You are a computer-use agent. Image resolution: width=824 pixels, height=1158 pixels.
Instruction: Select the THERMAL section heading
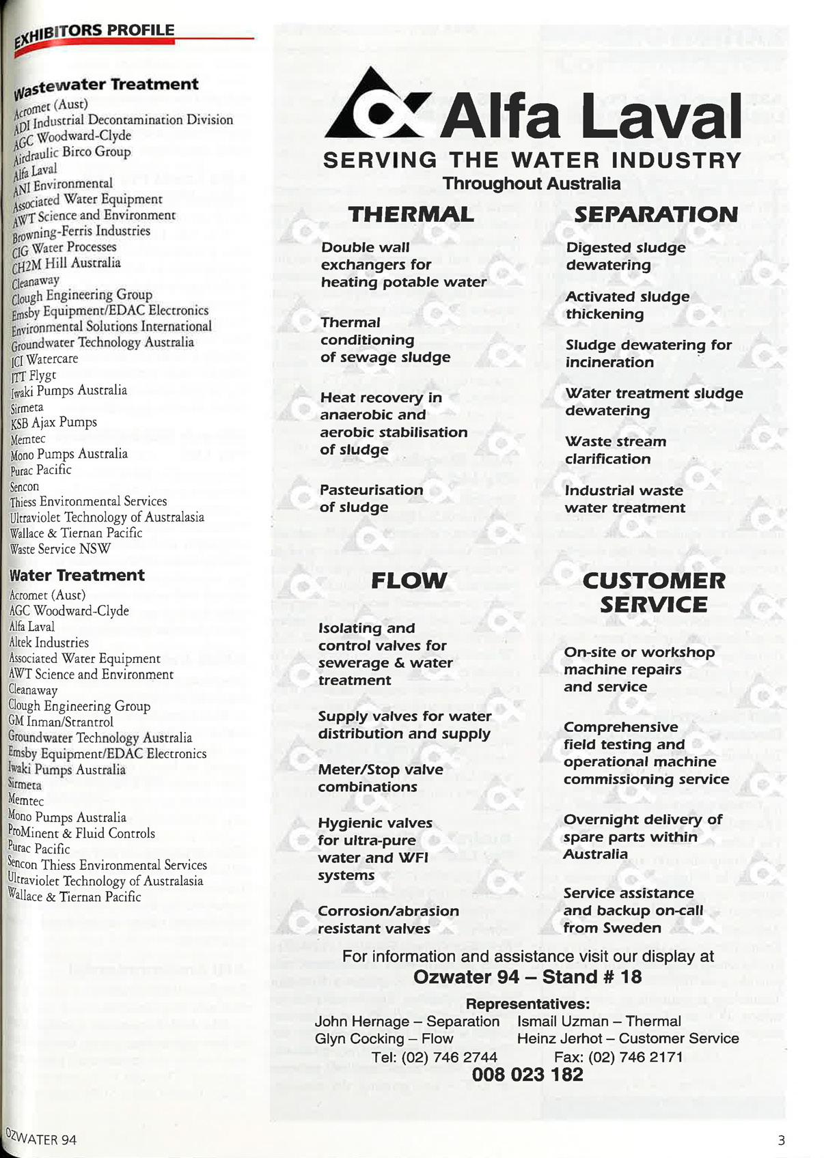coord(411,214)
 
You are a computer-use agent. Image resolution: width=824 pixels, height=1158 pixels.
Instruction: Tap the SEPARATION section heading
coord(655,214)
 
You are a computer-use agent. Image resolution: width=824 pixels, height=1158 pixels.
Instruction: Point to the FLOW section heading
coord(409,580)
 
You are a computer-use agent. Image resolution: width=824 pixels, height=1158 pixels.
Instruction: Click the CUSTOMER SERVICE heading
coord(654,592)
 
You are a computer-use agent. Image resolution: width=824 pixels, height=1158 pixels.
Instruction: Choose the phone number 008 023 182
coord(527,1075)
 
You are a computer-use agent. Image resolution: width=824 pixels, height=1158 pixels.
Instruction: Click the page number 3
coord(781,1140)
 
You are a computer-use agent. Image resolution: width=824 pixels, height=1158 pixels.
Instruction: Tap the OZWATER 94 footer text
coord(41,1138)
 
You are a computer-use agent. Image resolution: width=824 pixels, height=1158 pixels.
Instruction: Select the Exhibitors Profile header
coord(96,34)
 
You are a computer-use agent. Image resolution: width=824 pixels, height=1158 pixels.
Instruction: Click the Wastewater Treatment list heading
coord(107,86)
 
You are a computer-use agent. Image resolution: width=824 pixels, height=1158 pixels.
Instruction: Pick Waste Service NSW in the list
coord(60,549)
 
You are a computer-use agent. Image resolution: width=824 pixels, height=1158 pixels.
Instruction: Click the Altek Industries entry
coord(49,642)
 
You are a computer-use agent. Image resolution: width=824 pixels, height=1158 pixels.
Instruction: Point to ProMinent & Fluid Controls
coord(81,833)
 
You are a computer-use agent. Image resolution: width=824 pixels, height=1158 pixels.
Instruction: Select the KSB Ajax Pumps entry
coord(54,423)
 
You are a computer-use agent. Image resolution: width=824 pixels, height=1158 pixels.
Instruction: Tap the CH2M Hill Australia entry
coord(66,264)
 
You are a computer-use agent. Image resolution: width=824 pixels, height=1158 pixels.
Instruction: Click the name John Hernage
coord(362,1021)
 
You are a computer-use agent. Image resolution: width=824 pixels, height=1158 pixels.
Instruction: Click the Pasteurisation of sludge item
coord(371,498)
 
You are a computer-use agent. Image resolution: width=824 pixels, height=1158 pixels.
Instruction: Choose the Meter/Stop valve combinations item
coord(380,778)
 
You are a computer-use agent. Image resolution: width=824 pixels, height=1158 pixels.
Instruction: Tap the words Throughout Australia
coord(532,184)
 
